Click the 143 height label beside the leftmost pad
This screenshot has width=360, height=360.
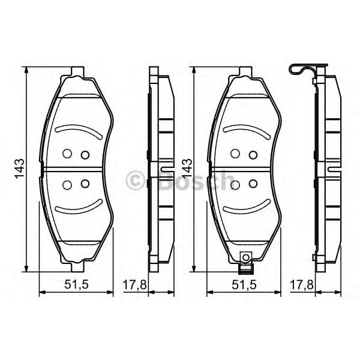[x=20, y=168]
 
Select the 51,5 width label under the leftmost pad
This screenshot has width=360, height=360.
[x=76, y=285]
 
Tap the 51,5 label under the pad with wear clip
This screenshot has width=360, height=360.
[x=244, y=285]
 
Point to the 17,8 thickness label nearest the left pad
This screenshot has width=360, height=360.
[x=134, y=285]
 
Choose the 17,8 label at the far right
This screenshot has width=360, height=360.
[x=302, y=285]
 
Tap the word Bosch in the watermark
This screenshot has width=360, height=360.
[x=195, y=180]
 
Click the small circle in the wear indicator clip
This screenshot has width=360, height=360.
[x=245, y=257]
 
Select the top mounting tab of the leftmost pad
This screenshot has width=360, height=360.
[x=78, y=71]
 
